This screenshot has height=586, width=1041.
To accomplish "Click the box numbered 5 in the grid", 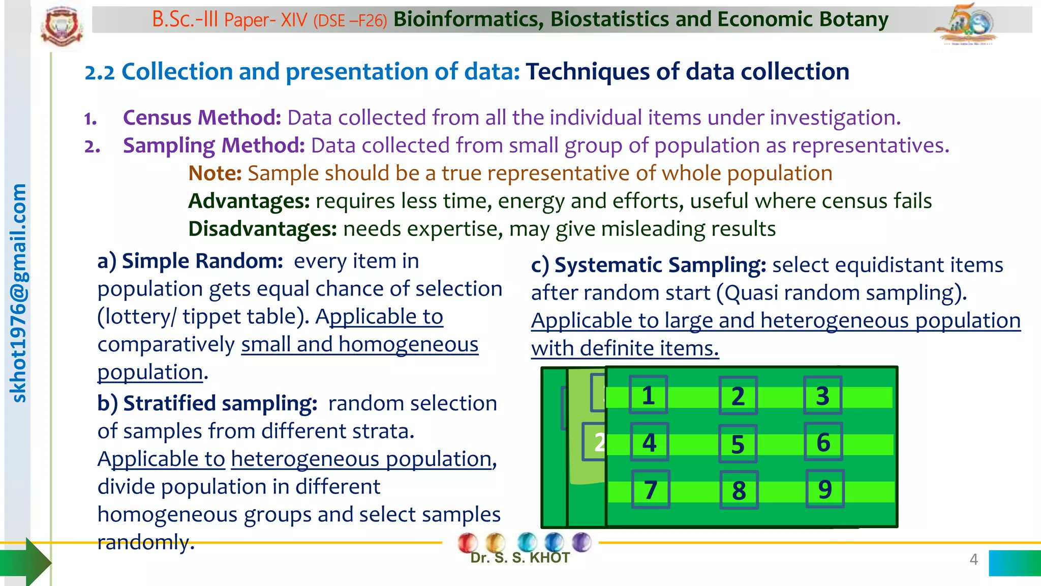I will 738,444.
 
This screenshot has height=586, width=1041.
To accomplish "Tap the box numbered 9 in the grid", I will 825,489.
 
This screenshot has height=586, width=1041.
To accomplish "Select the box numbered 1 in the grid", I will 648,395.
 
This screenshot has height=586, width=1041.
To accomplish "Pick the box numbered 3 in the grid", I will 822,395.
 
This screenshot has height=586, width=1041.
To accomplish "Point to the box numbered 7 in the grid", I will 651,490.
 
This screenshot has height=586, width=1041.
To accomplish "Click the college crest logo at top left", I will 62,26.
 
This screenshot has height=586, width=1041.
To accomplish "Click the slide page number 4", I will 973,560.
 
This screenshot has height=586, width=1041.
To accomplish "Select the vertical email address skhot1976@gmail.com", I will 19,294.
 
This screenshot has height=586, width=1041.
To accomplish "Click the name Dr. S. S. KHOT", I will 519,558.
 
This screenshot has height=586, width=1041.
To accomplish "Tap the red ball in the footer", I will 467,542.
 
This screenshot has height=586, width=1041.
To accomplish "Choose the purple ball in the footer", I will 581,542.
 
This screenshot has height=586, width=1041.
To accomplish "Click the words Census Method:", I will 202,118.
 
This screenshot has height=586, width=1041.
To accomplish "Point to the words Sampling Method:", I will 213,145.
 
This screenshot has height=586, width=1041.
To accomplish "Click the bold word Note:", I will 215,173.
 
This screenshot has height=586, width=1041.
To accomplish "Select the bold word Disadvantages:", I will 262,229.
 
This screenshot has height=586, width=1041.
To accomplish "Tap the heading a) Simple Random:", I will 190,261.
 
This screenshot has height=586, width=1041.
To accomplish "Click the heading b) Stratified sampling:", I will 207,403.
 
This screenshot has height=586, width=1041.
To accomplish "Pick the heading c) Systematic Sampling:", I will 648,265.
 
